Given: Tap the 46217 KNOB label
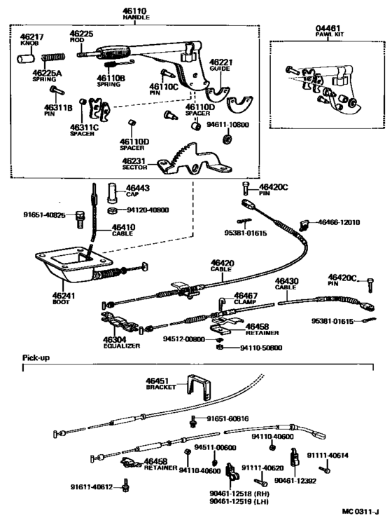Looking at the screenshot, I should (x=31, y=39).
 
